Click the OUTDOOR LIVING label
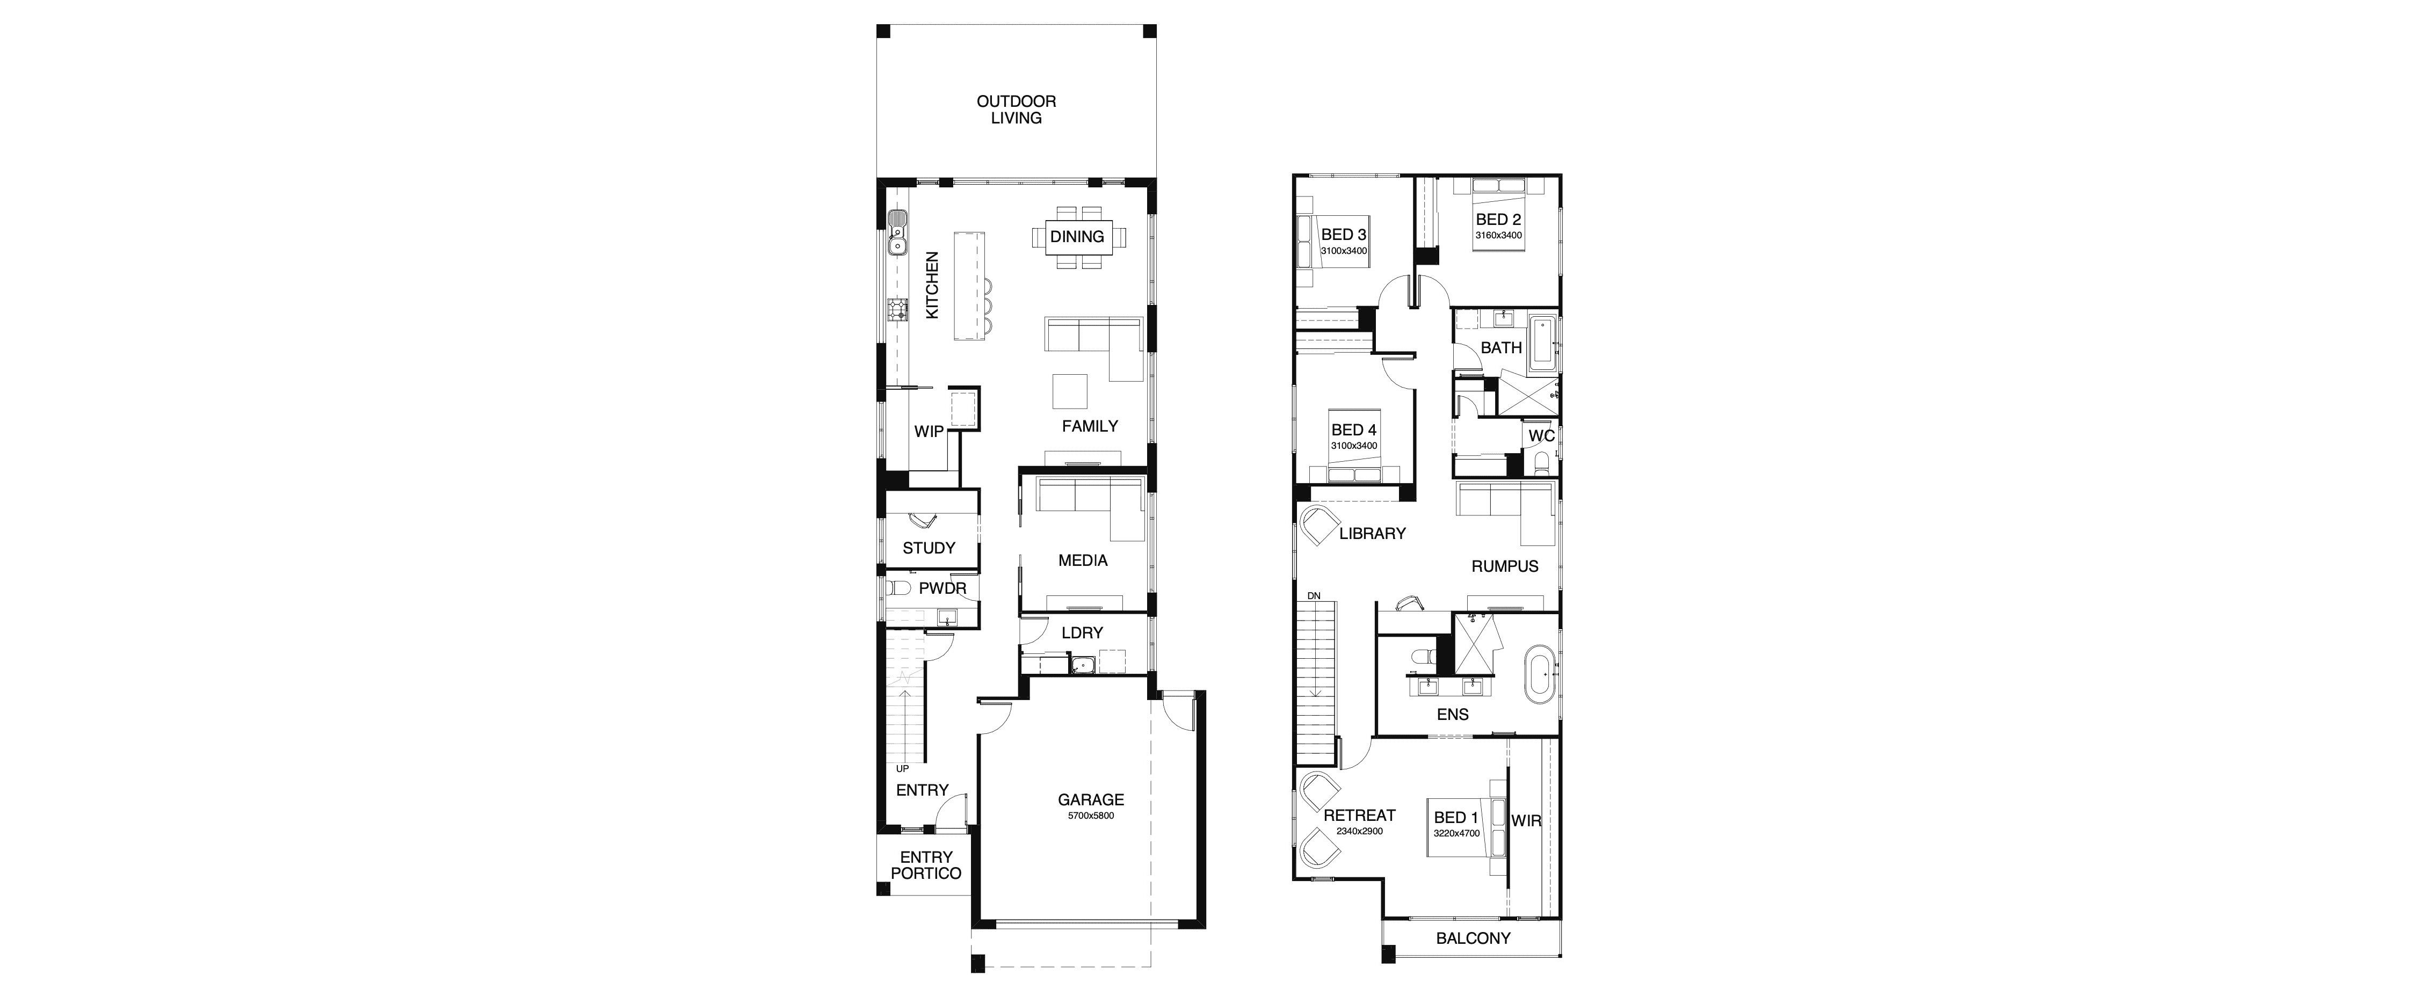click(1017, 110)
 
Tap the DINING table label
click(1077, 236)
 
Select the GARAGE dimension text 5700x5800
click(1091, 815)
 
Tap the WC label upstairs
click(1541, 436)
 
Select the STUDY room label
click(929, 548)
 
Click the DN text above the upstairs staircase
click(1314, 596)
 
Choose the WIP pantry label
click(267, 431)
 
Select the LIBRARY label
click(1372, 533)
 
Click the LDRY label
click(1082, 632)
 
